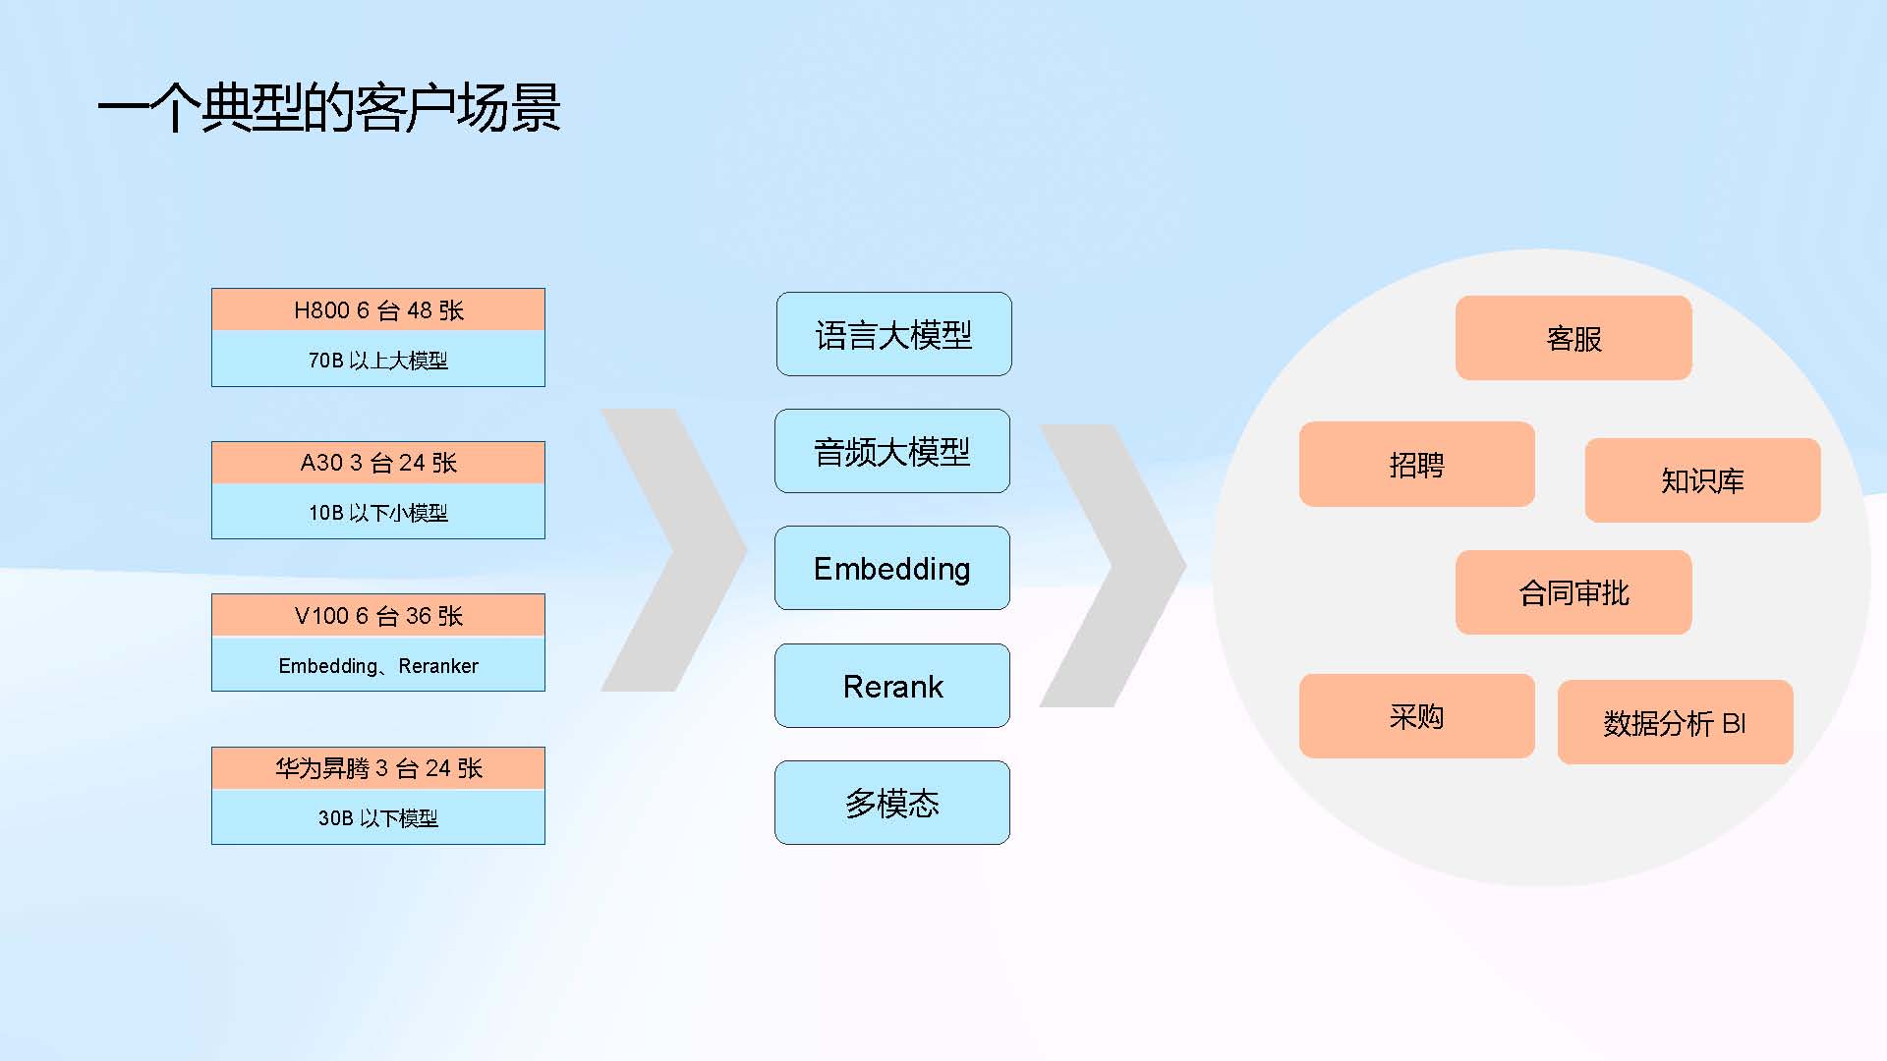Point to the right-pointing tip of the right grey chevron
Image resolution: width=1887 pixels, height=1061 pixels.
click(x=1186, y=566)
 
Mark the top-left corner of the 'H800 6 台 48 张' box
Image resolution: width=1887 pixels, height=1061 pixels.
click(x=212, y=289)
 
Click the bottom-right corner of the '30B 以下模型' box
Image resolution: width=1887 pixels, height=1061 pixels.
click(x=544, y=844)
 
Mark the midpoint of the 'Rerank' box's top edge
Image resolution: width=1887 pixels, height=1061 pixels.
click(x=892, y=644)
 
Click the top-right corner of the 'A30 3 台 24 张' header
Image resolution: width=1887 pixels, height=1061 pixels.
click(x=544, y=442)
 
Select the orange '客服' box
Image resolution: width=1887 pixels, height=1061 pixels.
click(x=1573, y=338)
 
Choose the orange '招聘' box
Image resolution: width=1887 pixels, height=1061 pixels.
click(x=1416, y=464)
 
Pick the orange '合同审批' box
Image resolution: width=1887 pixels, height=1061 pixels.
click(x=1573, y=592)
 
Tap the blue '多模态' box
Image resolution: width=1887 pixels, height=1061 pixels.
click(x=892, y=803)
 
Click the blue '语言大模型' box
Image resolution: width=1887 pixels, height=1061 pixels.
click(x=893, y=334)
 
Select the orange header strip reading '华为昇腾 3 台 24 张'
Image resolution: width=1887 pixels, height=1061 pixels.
click(x=378, y=768)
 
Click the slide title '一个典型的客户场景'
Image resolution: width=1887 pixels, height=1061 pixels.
click(x=329, y=107)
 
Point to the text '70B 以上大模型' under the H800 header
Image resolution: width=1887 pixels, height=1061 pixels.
click(x=378, y=361)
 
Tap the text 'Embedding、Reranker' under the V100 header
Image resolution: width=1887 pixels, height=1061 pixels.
click(x=378, y=666)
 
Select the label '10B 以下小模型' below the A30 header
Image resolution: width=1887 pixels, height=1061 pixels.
click(x=378, y=513)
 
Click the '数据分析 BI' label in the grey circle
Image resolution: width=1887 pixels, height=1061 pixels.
click(x=1675, y=723)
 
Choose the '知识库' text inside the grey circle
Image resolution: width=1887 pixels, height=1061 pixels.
click(x=1702, y=480)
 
